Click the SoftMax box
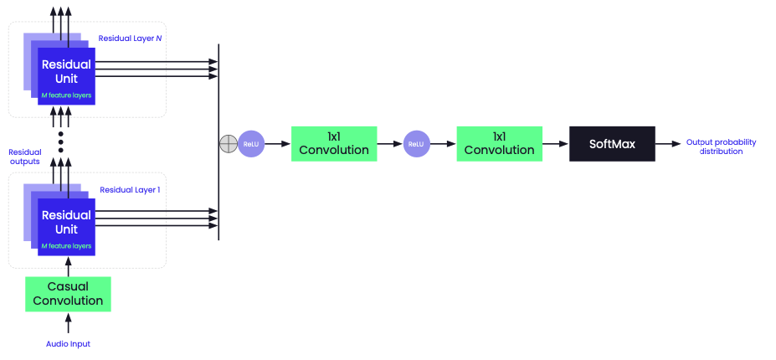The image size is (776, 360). coord(612,144)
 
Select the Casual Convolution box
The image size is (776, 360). coord(69,294)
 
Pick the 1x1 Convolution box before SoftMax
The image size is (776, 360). coord(499,144)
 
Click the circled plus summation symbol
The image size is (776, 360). coord(228,144)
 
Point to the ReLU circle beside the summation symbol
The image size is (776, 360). coord(250,144)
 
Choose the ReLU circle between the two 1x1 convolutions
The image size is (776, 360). coord(415,144)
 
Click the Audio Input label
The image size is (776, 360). coord(68,344)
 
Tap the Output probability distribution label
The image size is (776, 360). coord(721,147)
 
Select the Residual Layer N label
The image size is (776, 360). coord(130,39)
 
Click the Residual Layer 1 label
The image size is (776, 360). coord(130,190)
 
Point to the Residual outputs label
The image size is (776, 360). coord(25,157)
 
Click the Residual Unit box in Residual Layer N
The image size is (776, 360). coord(66,73)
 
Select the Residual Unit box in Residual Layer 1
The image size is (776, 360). coord(66,223)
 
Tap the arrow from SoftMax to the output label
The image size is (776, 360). coord(667,144)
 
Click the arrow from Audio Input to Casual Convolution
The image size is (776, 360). coord(69,324)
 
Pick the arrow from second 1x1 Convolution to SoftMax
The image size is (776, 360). coord(555,144)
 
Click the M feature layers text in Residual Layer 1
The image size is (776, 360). coord(66,246)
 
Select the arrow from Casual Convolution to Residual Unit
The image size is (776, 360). coord(69,266)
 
